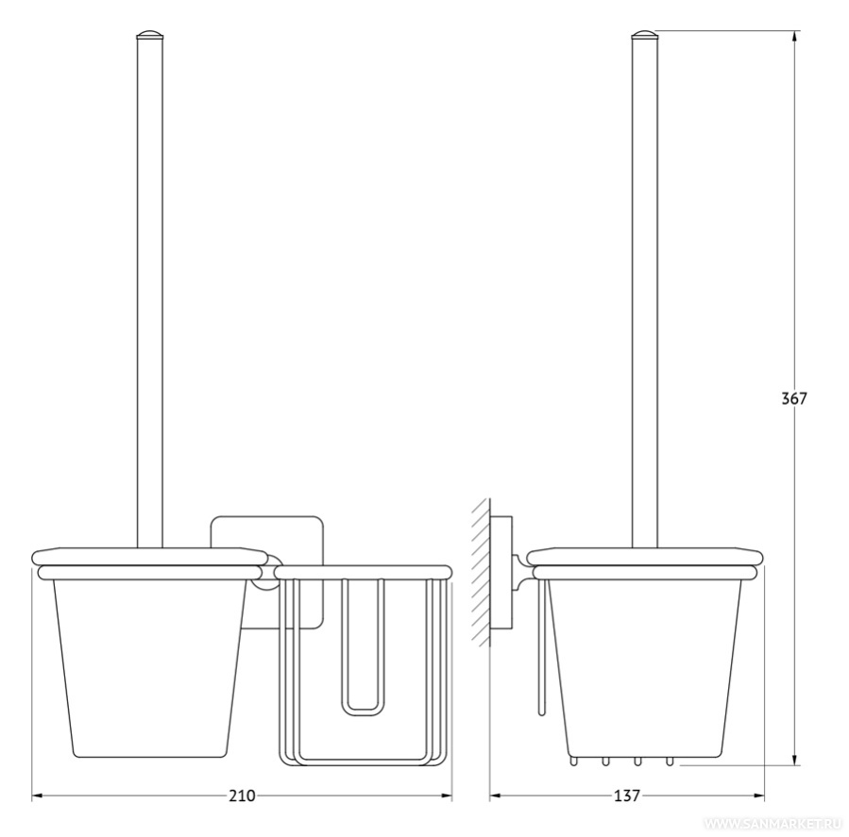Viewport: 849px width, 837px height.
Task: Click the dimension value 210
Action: [x=242, y=795]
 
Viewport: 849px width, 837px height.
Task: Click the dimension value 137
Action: [x=626, y=795]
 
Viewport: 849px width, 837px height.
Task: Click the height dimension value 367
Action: [x=794, y=399]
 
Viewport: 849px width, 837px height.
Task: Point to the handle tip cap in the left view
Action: [x=150, y=36]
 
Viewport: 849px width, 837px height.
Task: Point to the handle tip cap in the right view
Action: [x=645, y=36]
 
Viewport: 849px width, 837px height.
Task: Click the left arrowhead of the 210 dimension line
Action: [x=38, y=795]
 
